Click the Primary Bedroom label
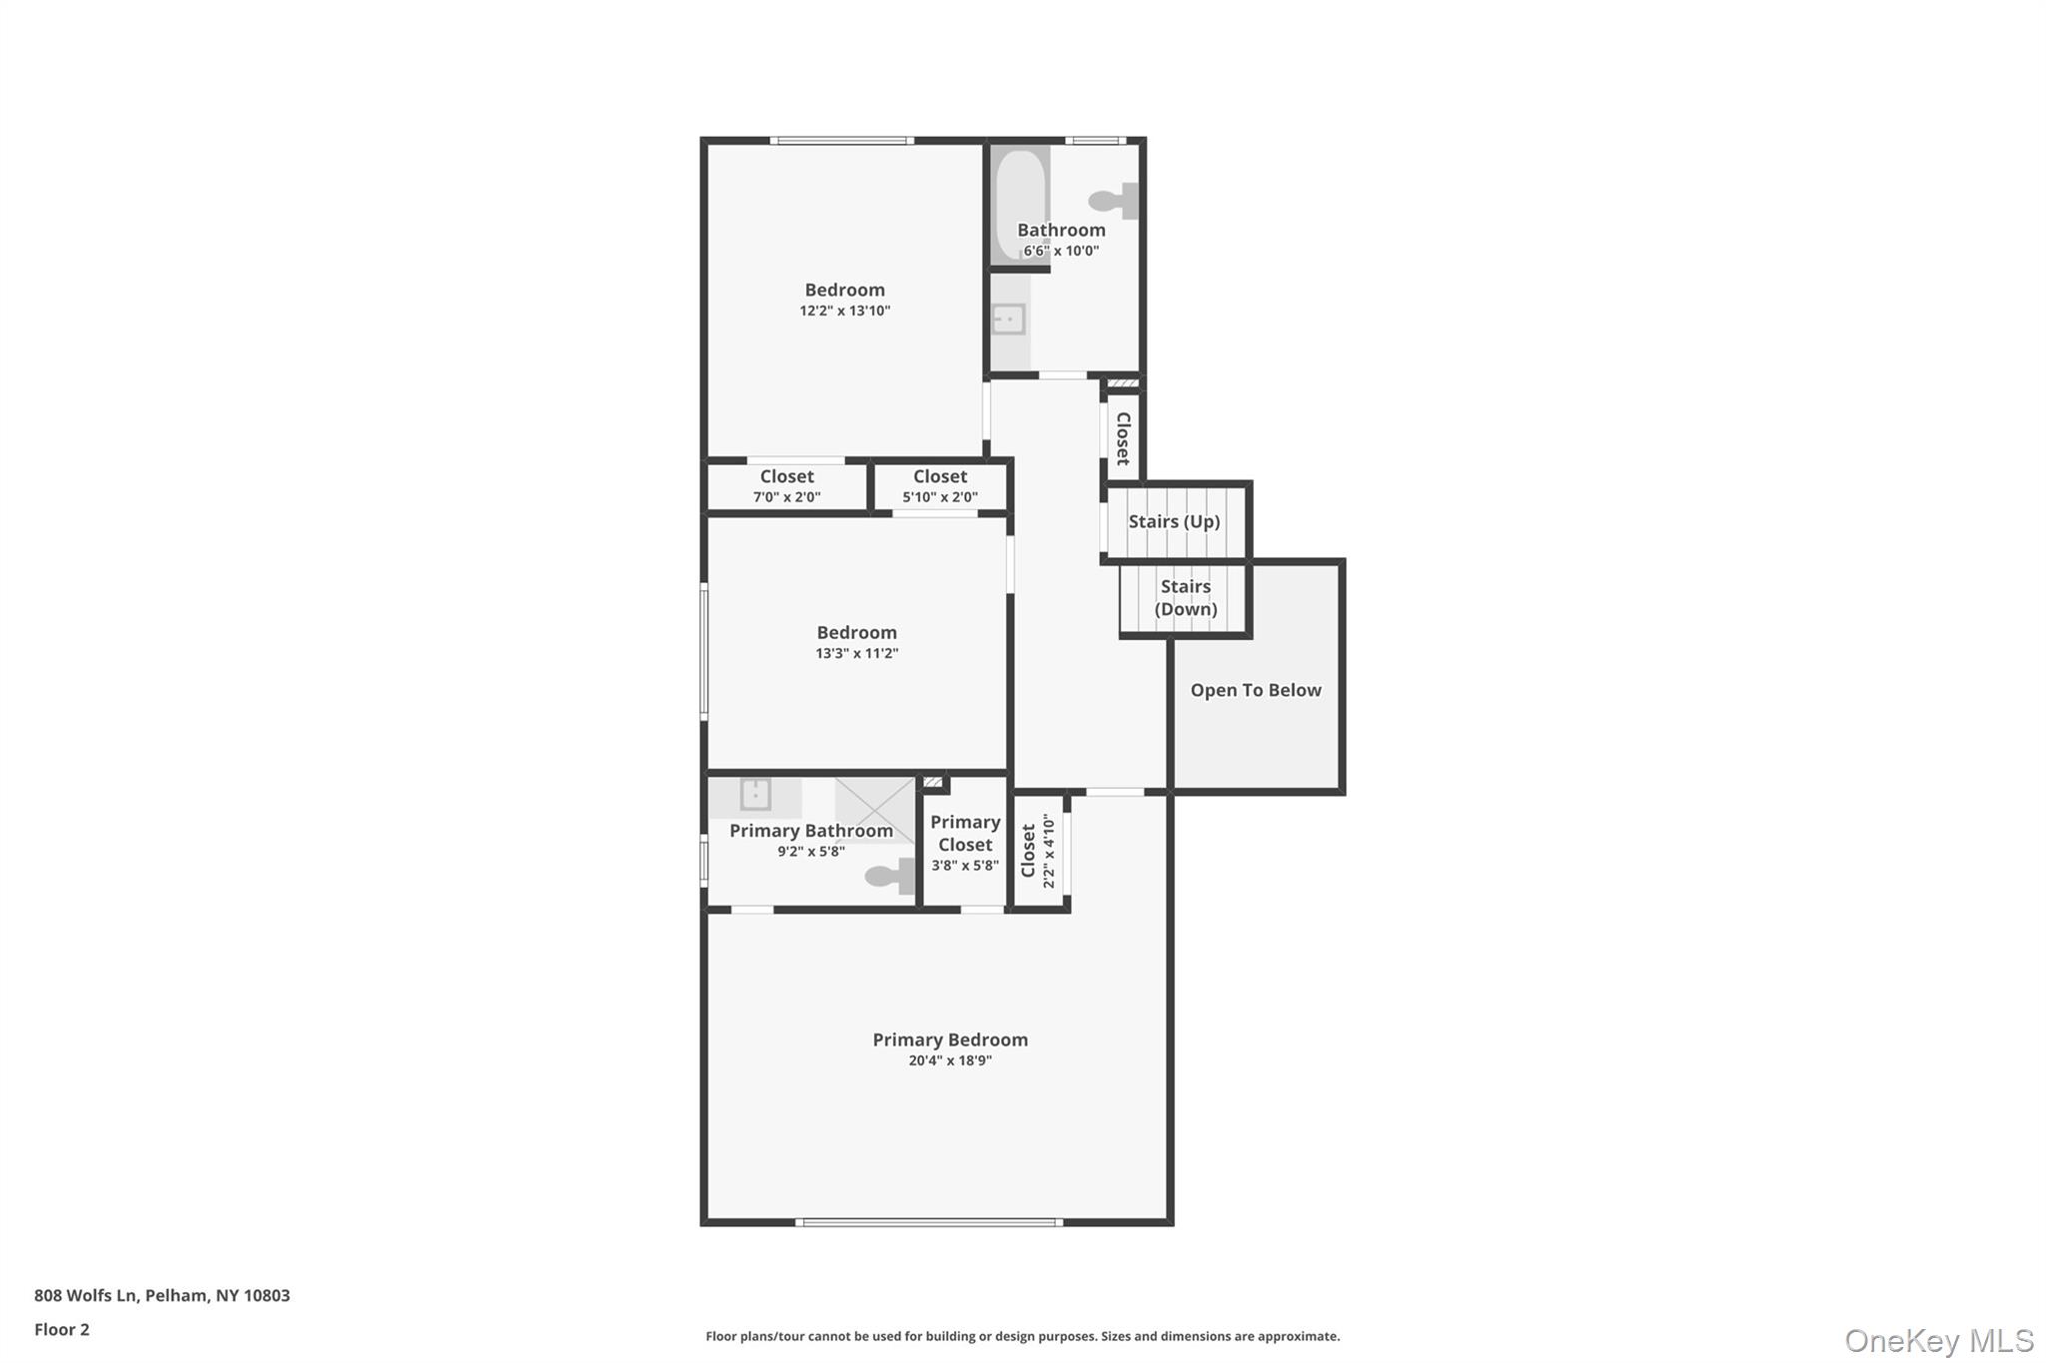pyautogui.click(x=949, y=1039)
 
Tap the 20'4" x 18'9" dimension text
pyautogui.click(x=949, y=1060)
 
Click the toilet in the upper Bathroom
pyautogui.click(x=1114, y=201)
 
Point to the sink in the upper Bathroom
pyautogui.click(x=1008, y=320)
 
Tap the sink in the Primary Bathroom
pyautogui.click(x=755, y=795)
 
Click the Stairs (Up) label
pyautogui.click(x=1174, y=521)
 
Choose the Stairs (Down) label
pyautogui.click(x=1185, y=597)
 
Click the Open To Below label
pyautogui.click(x=1255, y=690)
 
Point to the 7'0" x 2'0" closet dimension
pyautogui.click(x=786, y=497)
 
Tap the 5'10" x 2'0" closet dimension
pyautogui.click(x=939, y=497)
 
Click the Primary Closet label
pyautogui.click(x=965, y=833)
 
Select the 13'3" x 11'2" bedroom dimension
pyautogui.click(x=856, y=653)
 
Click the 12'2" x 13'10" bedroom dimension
pyautogui.click(x=844, y=311)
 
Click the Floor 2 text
pyautogui.click(x=62, y=1329)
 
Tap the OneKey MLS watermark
pyautogui.click(x=1938, y=1340)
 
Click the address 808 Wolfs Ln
pyautogui.click(x=85, y=1295)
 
